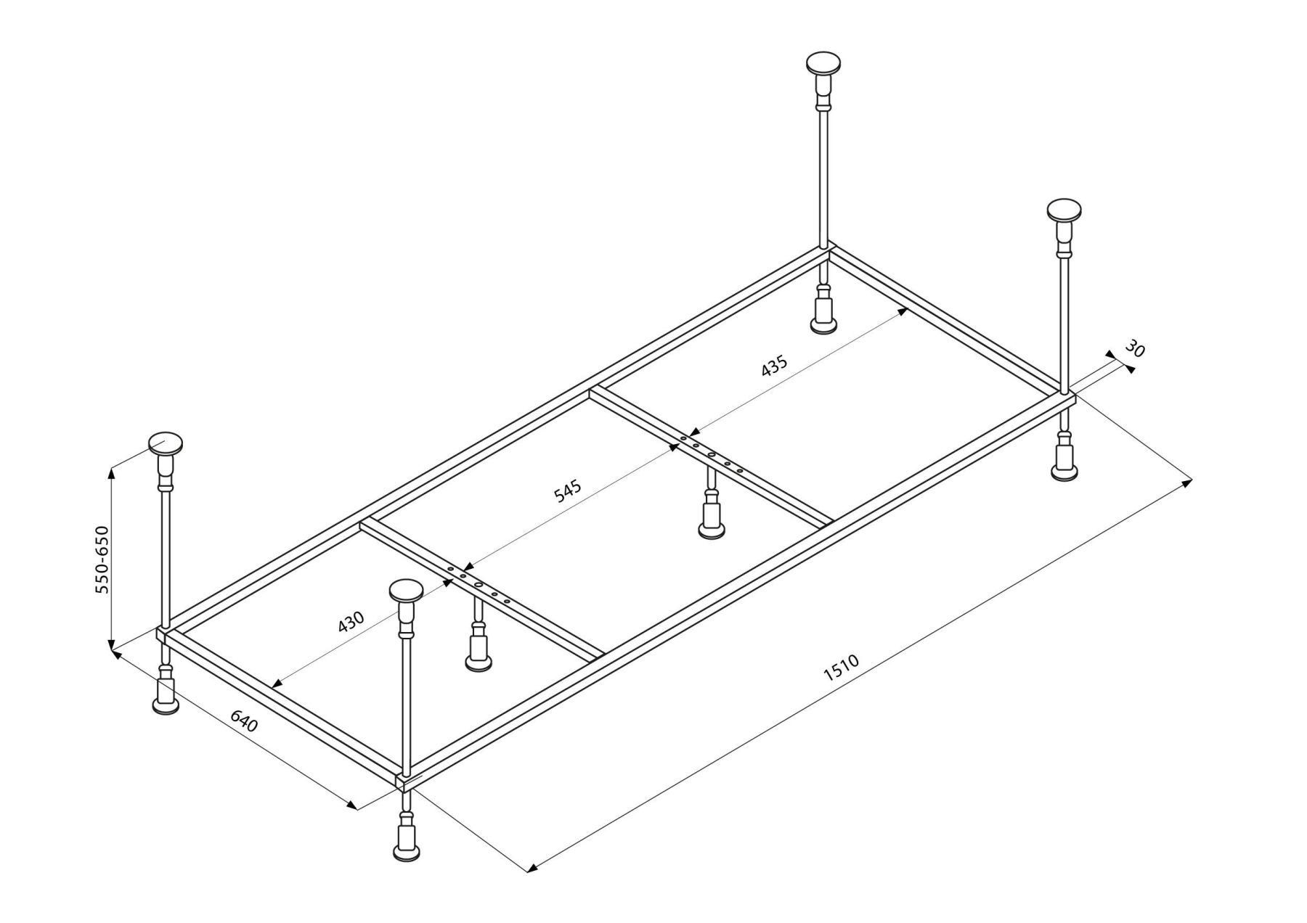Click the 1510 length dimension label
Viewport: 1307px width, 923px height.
842,668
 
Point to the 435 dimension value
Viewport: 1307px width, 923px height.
774,366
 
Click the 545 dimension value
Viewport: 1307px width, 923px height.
568,491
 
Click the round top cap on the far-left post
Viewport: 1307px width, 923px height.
166,443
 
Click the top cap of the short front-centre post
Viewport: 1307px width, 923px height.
407,590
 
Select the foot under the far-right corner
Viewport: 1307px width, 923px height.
1065,472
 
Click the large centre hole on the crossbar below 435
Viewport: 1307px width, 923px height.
712,454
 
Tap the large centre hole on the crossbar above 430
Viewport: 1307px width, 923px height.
479,585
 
